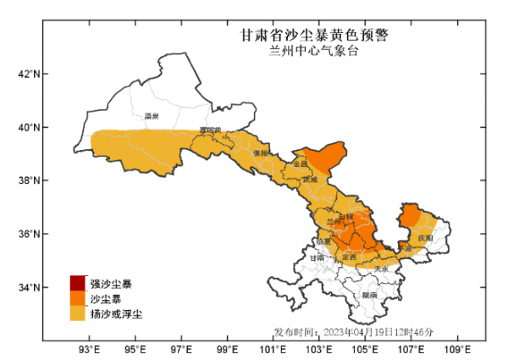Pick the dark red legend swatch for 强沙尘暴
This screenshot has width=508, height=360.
pyautogui.click(x=78, y=283)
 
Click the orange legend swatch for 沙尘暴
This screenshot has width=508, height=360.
pyautogui.click(x=78, y=298)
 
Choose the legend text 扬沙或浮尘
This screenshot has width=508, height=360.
pyautogui.click(x=116, y=314)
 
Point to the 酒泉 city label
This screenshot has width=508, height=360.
pyautogui.click(x=152, y=115)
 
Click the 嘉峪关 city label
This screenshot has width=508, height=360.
pyautogui.click(x=209, y=130)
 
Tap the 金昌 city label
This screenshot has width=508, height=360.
pyautogui.click(x=301, y=163)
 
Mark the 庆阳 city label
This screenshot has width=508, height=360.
pyautogui.click(x=425, y=238)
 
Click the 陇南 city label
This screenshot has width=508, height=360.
pyautogui.click(x=369, y=295)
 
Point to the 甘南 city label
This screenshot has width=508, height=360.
pyautogui.click(x=317, y=258)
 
